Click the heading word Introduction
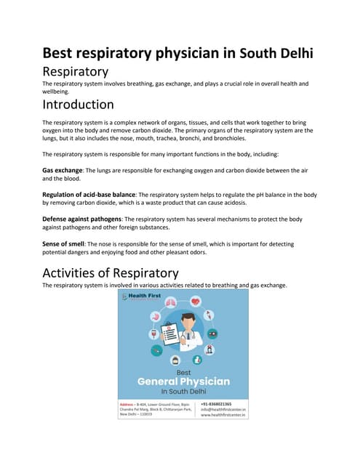pos(78,105)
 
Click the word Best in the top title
pos(60,53)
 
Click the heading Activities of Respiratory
pos(111,273)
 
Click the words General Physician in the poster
pos(183,381)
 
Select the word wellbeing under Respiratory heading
pos(58,92)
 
